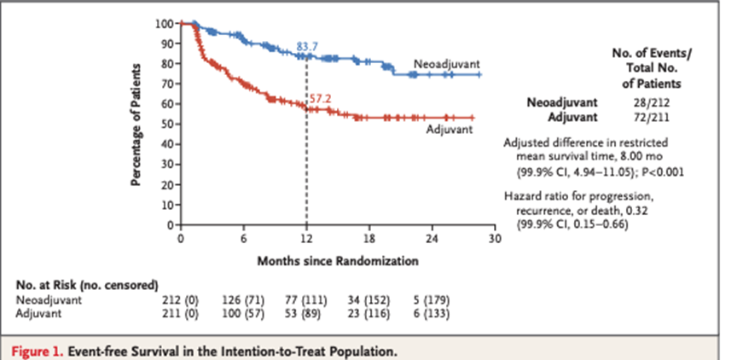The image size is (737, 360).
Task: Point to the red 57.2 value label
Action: click(x=320, y=99)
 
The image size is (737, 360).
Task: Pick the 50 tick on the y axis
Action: click(x=168, y=124)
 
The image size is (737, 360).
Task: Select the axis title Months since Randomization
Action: click(x=339, y=258)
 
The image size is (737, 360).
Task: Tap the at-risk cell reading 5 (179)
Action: click(x=431, y=300)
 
